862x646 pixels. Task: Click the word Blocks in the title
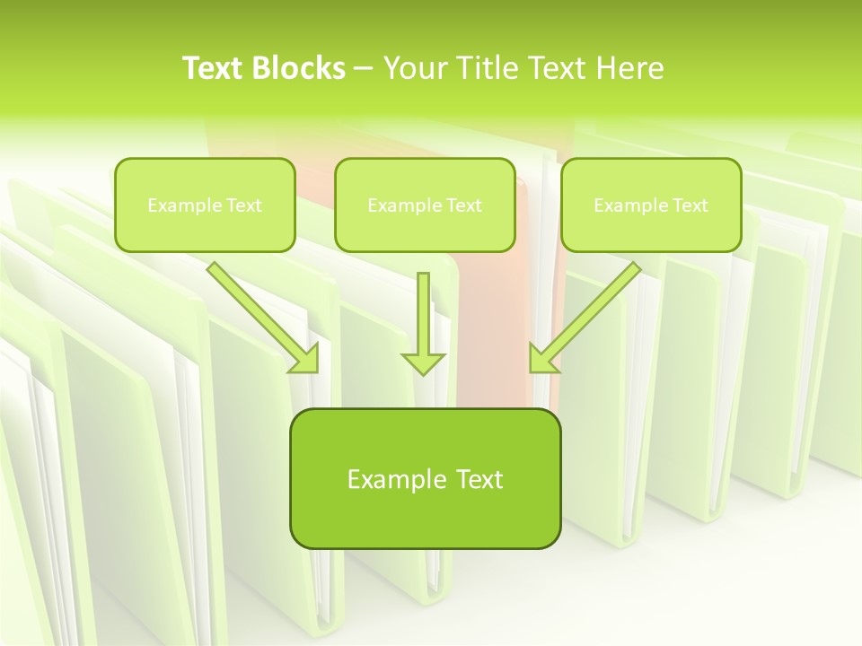click(298, 68)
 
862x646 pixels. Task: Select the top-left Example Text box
click(205, 205)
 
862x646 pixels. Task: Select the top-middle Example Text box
click(425, 205)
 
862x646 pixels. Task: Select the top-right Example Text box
click(651, 205)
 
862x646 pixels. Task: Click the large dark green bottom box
click(425, 478)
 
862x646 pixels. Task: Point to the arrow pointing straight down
click(423, 319)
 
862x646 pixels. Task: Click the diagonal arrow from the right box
click(588, 314)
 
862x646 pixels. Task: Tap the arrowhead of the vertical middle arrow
click(423, 362)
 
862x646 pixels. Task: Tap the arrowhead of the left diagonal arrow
click(305, 359)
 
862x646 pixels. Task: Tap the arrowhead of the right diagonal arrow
click(542, 359)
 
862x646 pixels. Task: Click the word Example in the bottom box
click(398, 479)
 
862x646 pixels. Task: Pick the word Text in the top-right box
click(690, 205)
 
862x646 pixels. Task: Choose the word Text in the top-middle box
click(464, 205)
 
